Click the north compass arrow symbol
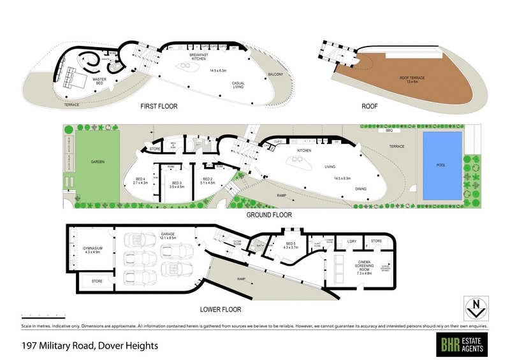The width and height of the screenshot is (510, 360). tap(473, 307)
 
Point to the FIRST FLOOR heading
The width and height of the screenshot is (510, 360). tap(159, 106)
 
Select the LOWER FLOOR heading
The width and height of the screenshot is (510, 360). tap(221, 310)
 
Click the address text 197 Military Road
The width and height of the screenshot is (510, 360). tap(89, 346)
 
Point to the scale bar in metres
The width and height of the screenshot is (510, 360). tap(43, 317)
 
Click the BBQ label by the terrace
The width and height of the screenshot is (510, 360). tap(388, 130)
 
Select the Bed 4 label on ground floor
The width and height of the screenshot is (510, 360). tap(141, 180)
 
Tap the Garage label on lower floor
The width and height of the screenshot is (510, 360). tap(168, 235)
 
